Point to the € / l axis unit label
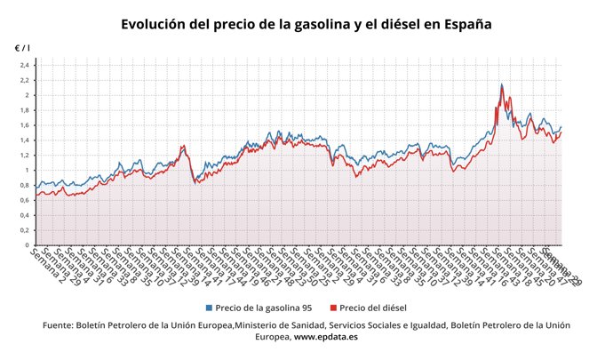pos(22,46)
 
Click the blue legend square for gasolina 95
pos(208,307)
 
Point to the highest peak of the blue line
pos(502,84)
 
